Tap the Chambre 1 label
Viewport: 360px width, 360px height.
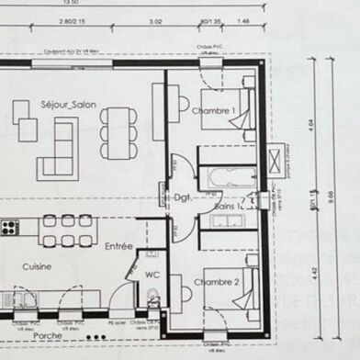213,111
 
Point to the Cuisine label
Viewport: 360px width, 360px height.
37,266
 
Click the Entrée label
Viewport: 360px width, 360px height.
118,246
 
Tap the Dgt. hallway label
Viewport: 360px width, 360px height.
181,197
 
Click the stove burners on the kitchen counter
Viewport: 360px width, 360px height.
9,225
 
